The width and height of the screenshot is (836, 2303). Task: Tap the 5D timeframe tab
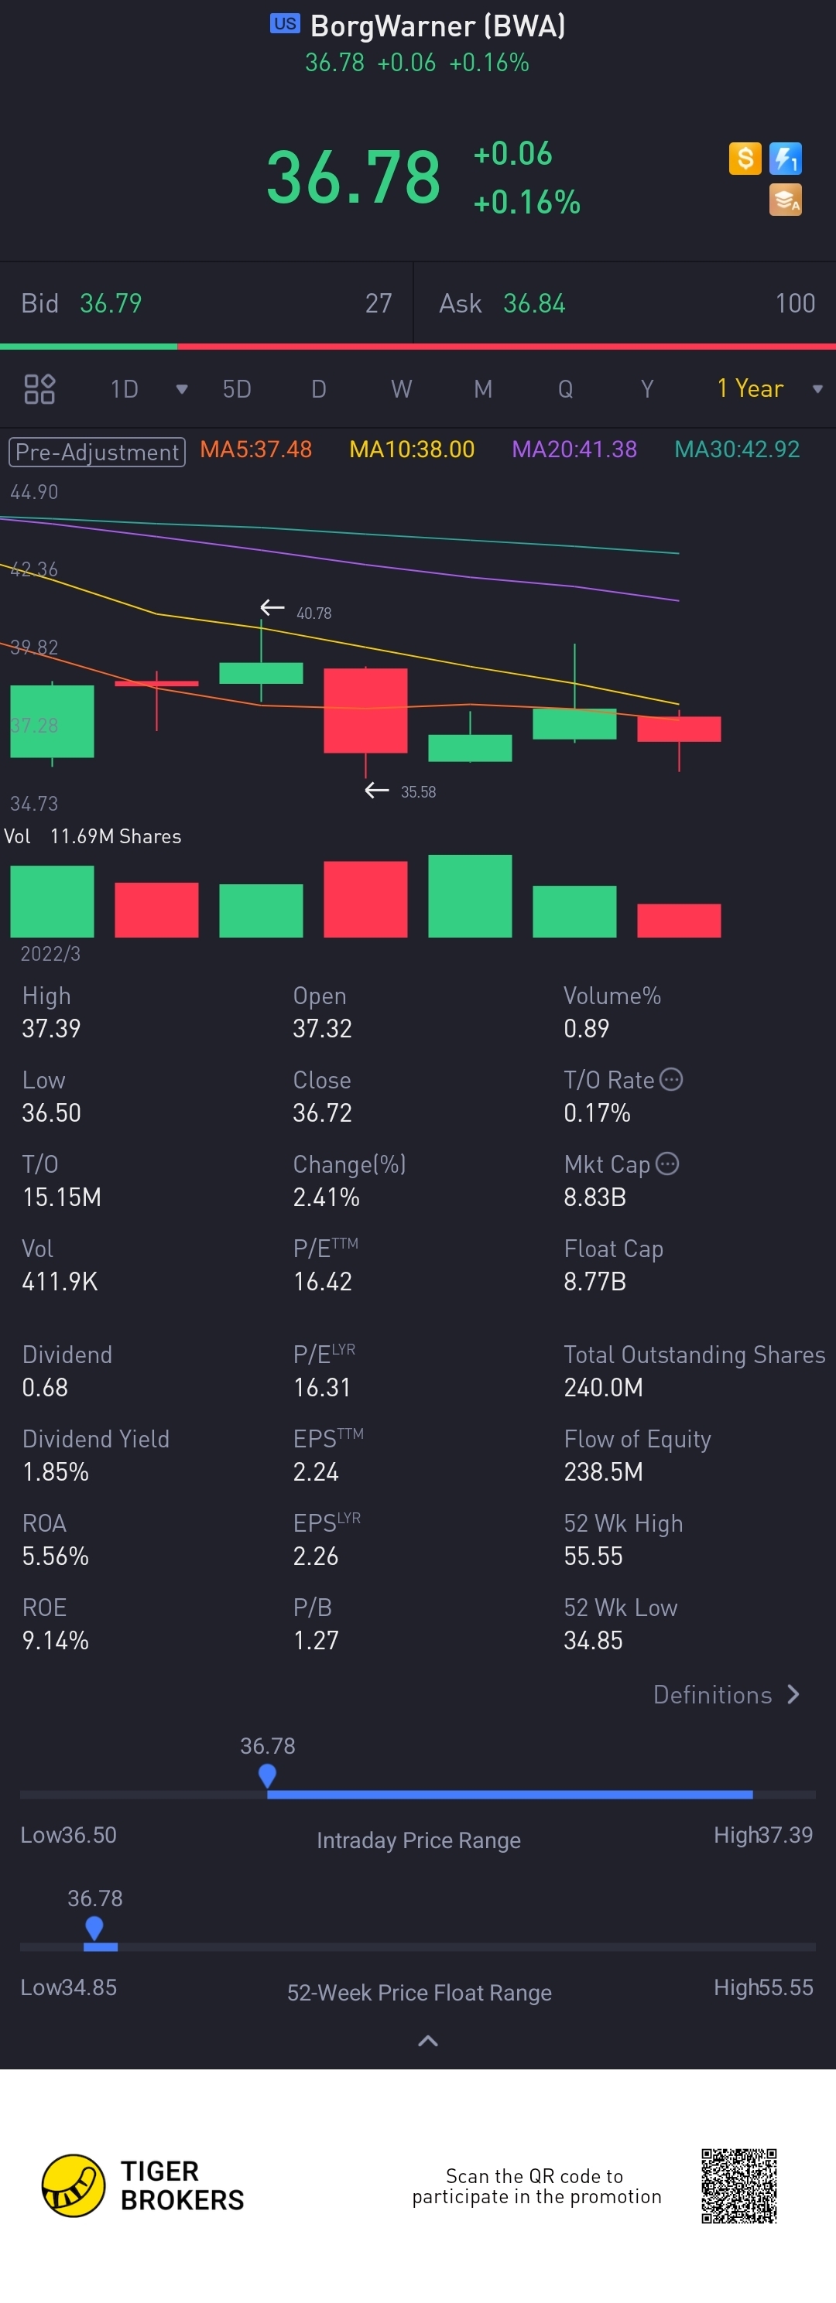click(236, 389)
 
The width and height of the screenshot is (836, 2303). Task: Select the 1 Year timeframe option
click(750, 388)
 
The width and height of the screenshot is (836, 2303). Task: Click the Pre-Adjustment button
click(97, 452)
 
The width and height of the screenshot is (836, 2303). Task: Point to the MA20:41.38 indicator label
click(574, 449)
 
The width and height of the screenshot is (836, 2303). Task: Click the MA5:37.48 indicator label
click(255, 449)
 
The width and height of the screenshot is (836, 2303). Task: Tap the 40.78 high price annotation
click(313, 613)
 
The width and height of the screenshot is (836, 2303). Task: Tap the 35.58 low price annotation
click(417, 792)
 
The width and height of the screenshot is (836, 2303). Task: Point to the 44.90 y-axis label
click(34, 492)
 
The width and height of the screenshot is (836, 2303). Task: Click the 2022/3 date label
click(50, 954)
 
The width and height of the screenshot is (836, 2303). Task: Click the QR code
click(738, 2186)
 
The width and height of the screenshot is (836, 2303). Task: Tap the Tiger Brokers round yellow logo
click(74, 2186)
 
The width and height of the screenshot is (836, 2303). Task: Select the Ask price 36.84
click(534, 304)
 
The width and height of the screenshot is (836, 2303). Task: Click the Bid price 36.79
click(111, 304)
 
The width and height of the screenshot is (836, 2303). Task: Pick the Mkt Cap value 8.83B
click(594, 1197)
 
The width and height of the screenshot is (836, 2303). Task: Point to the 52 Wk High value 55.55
click(593, 1556)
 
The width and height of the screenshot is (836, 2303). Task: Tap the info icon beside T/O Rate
click(671, 1080)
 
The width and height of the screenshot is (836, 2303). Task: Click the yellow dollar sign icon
click(745, 159)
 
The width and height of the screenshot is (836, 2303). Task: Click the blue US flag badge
click(285, 24)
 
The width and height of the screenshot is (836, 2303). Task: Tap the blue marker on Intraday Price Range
click(267, 1775)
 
